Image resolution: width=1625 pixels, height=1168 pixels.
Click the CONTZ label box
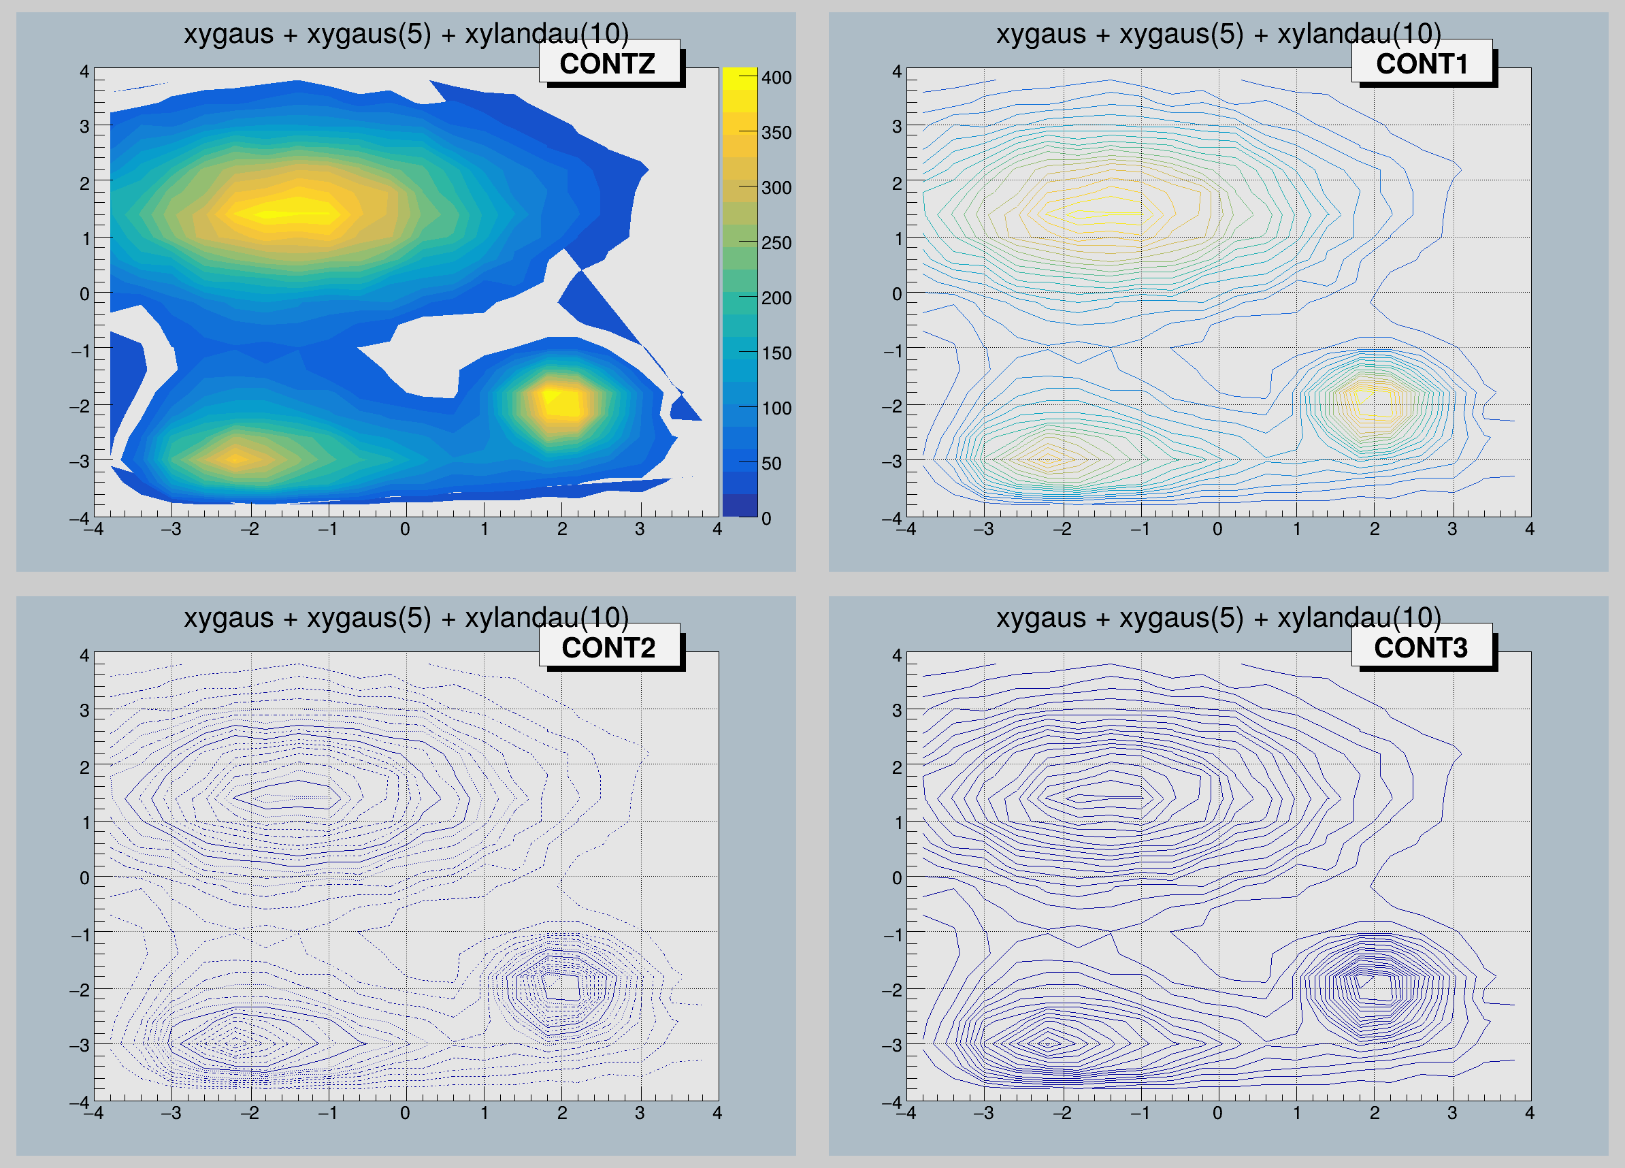(x=608, y=63)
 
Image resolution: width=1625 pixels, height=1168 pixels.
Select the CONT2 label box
(x=608, y=647)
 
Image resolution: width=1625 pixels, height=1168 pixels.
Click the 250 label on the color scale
(x=776, y=243)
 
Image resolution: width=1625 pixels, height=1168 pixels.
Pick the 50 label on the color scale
(x=771, y=464)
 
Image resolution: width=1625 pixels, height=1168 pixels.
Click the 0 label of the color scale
(x=766, y=518)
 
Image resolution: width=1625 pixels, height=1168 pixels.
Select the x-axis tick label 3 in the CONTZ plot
(x=639, y=530)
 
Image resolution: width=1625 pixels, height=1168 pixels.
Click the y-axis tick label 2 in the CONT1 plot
(x=896, y=184)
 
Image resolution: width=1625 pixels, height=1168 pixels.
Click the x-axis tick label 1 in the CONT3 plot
(x=1297, y=1113)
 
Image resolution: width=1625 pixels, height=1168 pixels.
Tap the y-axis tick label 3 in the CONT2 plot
(x=84, y=710)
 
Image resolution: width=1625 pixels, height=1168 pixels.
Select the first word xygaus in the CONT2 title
(x=229, y=617)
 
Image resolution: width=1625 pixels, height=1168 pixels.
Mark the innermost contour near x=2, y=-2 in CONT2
(x=561, y=986)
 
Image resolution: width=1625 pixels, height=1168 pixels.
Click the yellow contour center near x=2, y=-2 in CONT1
(x=1374, y=402)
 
